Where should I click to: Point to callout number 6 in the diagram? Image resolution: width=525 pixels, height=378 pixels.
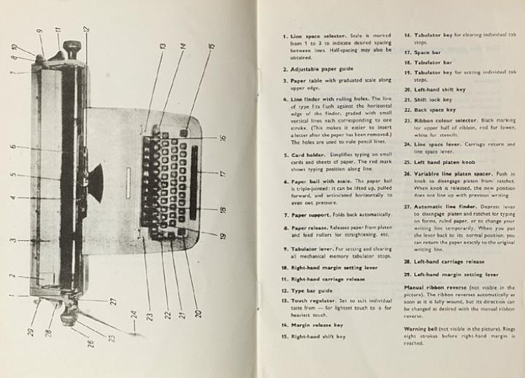point(13,147)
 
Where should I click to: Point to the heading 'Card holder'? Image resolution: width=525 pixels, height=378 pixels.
point(308,155)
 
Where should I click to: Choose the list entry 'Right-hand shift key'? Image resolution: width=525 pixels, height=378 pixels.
point(318,336)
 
